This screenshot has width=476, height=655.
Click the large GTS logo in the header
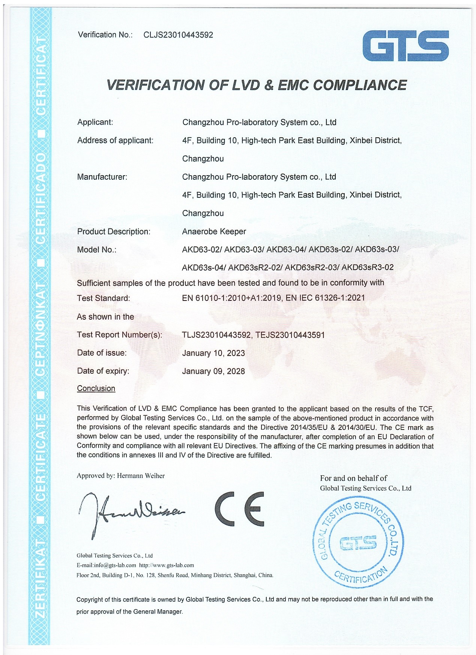pos(405,46)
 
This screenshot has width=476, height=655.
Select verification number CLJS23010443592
pos(178,35)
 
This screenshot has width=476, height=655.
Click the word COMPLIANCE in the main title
pos(360,85)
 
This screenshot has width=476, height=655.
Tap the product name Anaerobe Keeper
pos(214,231)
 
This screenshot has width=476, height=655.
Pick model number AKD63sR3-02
pos(368,267)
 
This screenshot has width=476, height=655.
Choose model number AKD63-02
pos(201,249)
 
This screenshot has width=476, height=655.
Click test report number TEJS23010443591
pos(290,335)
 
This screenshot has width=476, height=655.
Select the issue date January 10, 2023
pos(213,353)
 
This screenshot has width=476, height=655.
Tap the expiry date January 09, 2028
pos(213,371)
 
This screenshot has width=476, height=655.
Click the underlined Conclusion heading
pos(96,388)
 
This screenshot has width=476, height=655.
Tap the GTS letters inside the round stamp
pos(358,542)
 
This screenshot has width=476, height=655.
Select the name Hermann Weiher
pos(141,476)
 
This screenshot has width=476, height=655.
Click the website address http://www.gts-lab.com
pos(167,565)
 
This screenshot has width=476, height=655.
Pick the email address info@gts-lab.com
pos(115,565)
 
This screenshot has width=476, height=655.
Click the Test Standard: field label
pos(104,298)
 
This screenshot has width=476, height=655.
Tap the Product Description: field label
pos(114,231)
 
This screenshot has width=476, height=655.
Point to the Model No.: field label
pos(97,249)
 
